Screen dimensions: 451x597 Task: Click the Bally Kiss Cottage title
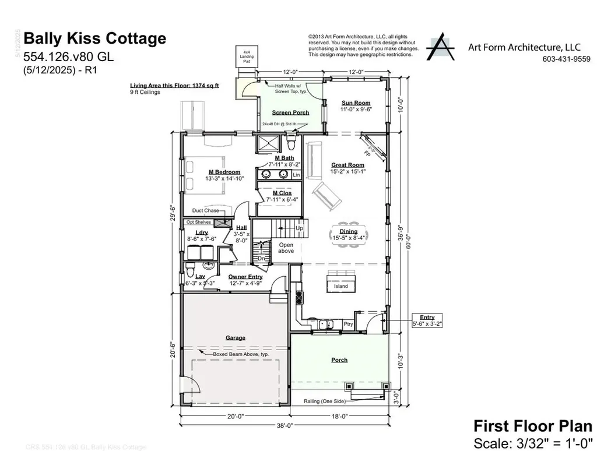point(94,39)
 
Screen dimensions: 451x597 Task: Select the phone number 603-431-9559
point(566,59)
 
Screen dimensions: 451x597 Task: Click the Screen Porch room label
point(290,112)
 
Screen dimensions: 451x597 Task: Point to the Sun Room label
point(356,103)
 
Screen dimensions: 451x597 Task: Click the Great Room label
point(347,165)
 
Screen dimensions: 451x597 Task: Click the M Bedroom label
point(224,172)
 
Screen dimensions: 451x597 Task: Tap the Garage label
point(236,337)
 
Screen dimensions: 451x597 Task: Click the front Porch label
point(339,360)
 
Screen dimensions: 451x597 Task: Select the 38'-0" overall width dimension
point(284,426)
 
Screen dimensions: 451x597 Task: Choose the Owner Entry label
point(245,277)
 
